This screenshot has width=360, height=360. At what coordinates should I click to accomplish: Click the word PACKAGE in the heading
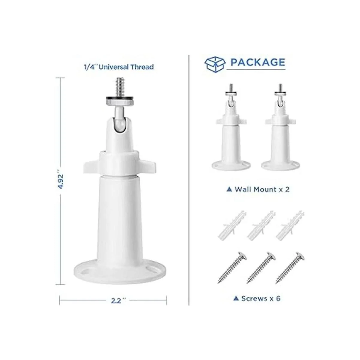pyautogui.click(x=258, y=62)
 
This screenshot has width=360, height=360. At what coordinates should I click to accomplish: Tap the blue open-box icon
pyautogui.click(x=215, y=64)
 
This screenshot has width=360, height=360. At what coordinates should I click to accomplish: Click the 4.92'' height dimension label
pyautogui.click(x=61, y=181)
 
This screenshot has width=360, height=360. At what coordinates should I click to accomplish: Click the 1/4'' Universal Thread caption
pyautogui.click(x=119, y=67)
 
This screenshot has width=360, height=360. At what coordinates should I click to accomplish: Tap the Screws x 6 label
pyautogui.click(x=257, y=298)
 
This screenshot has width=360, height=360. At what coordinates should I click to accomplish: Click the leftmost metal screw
pyautogui.click(x=232, y=268)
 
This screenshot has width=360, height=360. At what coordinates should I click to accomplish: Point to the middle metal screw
pyautogui.click(x=261, y=268)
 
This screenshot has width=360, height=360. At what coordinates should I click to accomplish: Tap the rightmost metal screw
pyautogui.click(x=290, y=268)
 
